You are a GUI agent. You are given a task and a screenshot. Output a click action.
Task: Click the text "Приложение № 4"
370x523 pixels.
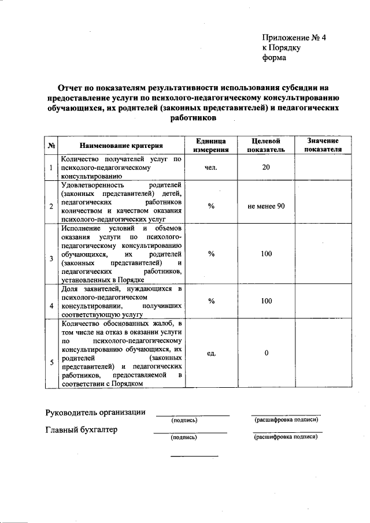[x=294, y=38]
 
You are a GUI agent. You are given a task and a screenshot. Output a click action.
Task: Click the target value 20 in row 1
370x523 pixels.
[x=266, y=168]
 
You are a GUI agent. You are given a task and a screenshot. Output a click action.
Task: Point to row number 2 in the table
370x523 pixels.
[x=51, y=206]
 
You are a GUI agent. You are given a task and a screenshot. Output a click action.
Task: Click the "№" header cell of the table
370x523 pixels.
[x=51, y=146]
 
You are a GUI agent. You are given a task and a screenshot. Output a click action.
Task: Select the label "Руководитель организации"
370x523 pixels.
[x=95, y=412]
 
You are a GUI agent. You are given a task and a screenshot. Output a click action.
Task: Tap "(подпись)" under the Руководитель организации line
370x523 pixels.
[x=184, y=420]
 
